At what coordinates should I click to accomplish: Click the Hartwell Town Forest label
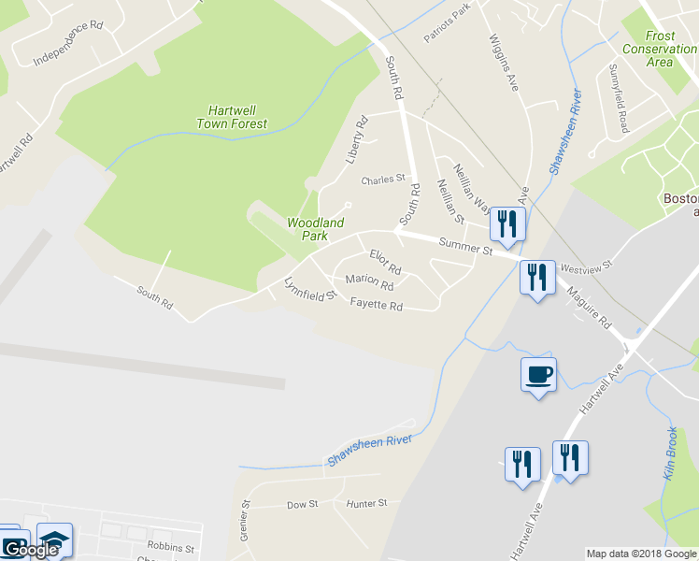232,117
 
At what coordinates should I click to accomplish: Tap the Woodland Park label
315,229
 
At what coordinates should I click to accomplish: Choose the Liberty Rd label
357,140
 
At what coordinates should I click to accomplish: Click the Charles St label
384,179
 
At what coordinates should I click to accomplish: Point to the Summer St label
464,248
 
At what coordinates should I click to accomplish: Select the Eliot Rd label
385,261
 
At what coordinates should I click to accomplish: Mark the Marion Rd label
369,281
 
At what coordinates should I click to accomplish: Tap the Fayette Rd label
376,305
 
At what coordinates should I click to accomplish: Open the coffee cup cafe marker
538,375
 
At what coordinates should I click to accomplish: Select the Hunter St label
366,503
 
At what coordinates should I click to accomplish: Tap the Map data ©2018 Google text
641,554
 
